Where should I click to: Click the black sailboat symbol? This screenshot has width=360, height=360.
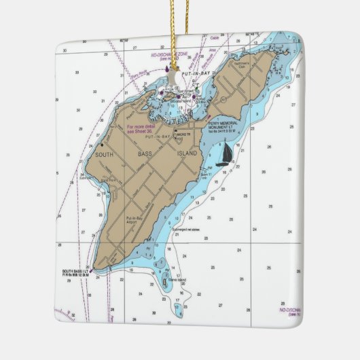point(226,156)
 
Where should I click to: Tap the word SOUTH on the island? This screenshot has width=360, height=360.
point(105,154)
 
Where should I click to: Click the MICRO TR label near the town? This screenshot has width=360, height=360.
point(183,135)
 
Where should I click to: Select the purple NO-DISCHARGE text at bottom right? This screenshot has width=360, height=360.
point(291,309)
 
